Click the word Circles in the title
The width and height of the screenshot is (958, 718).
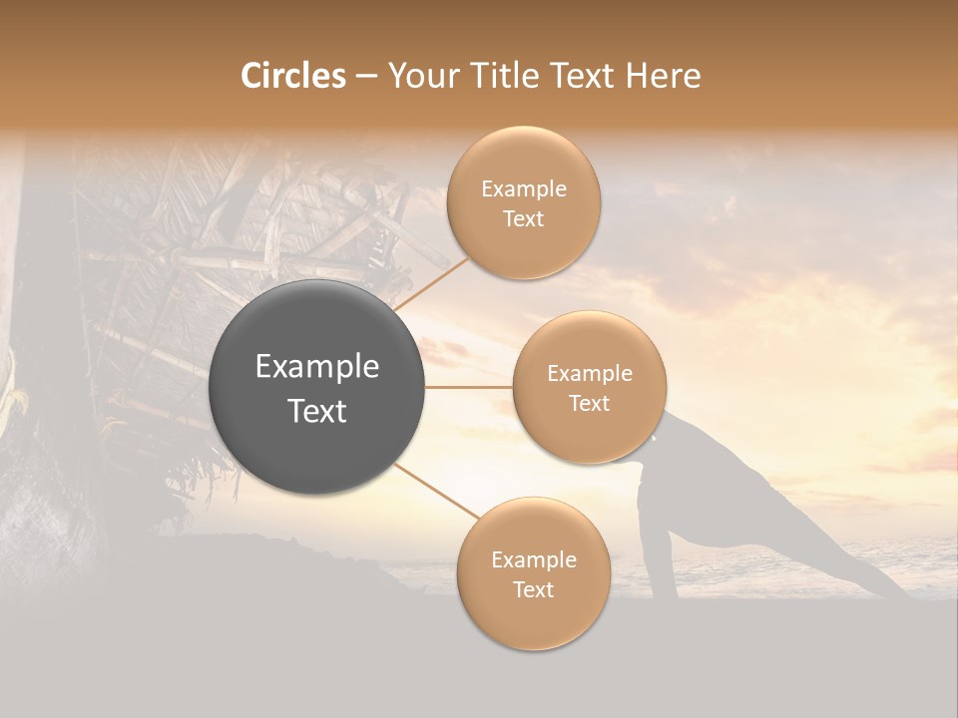pos(292,76)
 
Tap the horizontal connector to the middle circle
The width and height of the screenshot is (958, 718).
pos(469,387)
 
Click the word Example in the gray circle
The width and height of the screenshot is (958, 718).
pos(316,367)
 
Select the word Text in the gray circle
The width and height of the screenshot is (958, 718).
pos(316,411)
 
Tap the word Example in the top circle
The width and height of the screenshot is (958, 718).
pos(523,189)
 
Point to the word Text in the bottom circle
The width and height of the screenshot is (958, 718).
pos(533,589)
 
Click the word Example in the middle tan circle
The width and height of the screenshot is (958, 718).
pos(589,374)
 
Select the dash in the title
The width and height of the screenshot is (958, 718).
pos(365,77)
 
